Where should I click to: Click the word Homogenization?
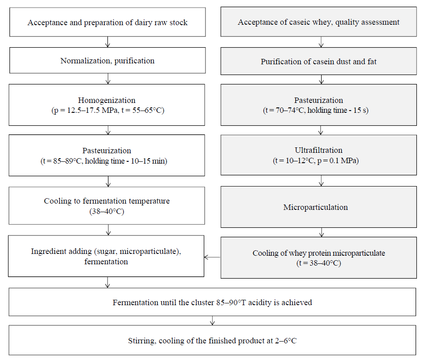click(x=107, y=101)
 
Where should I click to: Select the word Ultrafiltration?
click(x=318, y=150)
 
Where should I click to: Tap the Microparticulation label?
click(x=316, y=207)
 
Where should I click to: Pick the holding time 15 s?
click(x=359, y=110)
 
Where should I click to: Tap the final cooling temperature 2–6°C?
click(x=286, y=341)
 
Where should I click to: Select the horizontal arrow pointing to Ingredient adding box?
click(x=212, y=257)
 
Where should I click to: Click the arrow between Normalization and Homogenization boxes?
click(x=108, y=79)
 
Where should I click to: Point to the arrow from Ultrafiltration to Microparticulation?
click(x=321, y=181)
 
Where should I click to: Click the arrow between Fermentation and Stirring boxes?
click(x=212, y=320)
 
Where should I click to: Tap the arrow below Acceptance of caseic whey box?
click(x=321, y=42)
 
